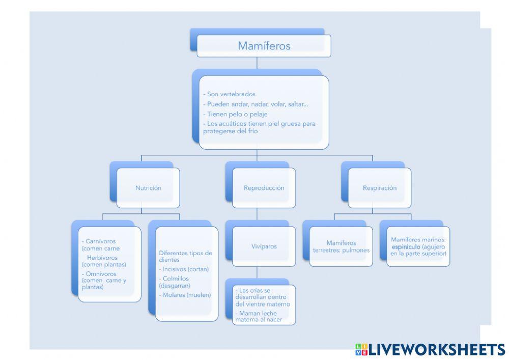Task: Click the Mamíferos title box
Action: point(264,46)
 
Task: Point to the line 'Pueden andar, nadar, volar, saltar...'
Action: point(258,104)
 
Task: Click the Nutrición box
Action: point(148,188)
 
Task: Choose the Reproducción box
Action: point(264,188)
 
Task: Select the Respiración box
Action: point(380,188)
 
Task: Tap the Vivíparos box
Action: point(264,246)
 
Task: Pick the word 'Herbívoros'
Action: point(102,258)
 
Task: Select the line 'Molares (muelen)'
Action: point(186,295)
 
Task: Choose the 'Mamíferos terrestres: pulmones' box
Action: point(341,246)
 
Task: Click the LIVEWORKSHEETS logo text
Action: point(437,349)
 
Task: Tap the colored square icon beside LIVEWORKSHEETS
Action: point(361,349)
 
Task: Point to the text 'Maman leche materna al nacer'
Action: point(260,316)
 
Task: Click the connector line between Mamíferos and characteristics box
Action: point(257,63)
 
